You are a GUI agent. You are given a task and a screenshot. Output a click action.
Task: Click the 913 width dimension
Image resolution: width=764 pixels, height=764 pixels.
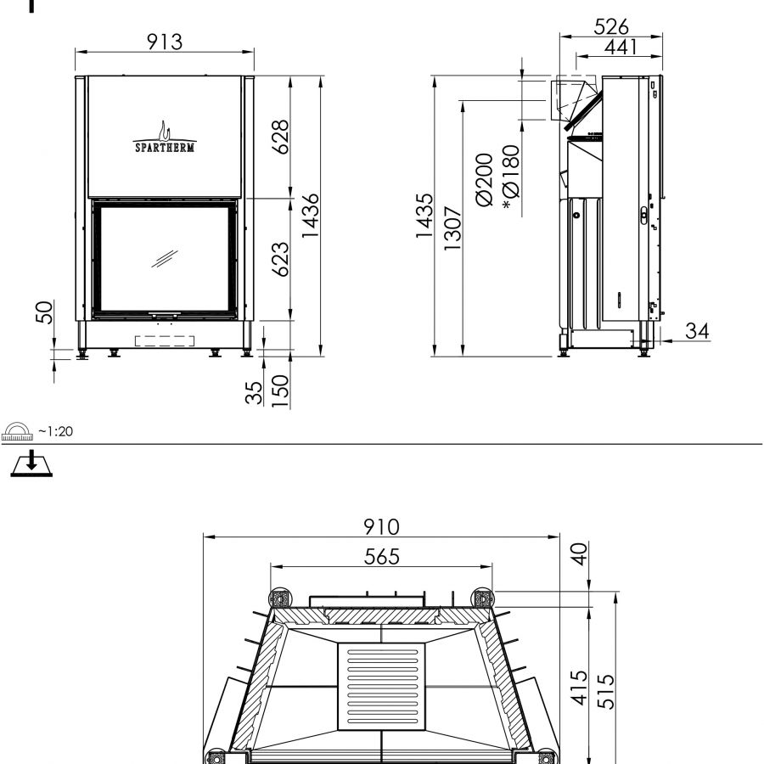[x=165, y=42]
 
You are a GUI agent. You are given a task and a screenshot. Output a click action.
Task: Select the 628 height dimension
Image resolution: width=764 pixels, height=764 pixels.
[x=281, y=137]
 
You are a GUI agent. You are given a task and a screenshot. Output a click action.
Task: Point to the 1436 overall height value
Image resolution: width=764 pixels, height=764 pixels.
[x=311, y=216]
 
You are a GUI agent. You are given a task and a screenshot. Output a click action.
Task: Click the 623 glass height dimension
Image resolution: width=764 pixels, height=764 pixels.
[x=281, y=259]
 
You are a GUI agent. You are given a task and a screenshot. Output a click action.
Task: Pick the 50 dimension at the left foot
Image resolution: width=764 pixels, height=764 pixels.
[x=44, y=312]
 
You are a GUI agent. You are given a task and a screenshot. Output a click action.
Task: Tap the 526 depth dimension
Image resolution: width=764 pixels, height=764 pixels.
[x=611, y=26]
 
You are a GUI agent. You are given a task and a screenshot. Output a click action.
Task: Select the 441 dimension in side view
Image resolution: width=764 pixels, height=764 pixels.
[x=621, y=47]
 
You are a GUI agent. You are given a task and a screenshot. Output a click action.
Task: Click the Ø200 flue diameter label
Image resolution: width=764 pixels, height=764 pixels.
[x=485, y=180]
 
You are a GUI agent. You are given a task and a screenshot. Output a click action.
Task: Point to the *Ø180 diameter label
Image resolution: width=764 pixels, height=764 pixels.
[x=512, y=177]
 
